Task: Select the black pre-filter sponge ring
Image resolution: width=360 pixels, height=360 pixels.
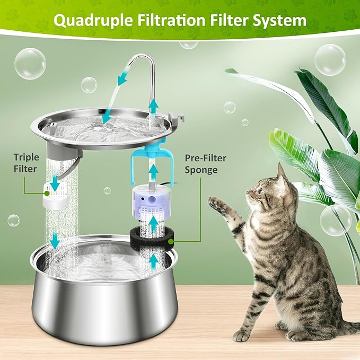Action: [x=153, y=239]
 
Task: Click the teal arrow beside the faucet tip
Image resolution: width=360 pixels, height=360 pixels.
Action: [x=123, y=78]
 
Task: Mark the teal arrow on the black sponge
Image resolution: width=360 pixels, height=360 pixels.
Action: [x=153, y=225]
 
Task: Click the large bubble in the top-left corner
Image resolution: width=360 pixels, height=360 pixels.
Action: [x=30, y=64]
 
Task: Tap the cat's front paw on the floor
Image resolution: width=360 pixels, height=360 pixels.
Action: [x=243, y=335]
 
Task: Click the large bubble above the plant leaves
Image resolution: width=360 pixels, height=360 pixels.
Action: [x=330, y=59]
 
